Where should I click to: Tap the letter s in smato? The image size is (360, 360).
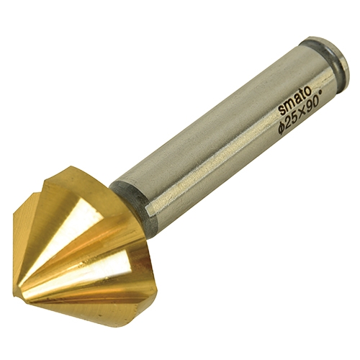click(282, 110)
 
